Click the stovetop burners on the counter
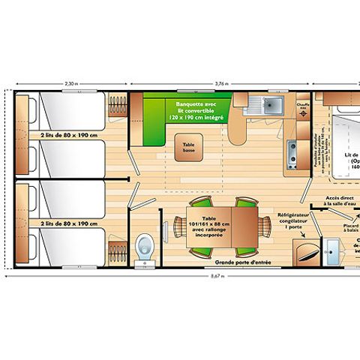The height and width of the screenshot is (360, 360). pos(292,157)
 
